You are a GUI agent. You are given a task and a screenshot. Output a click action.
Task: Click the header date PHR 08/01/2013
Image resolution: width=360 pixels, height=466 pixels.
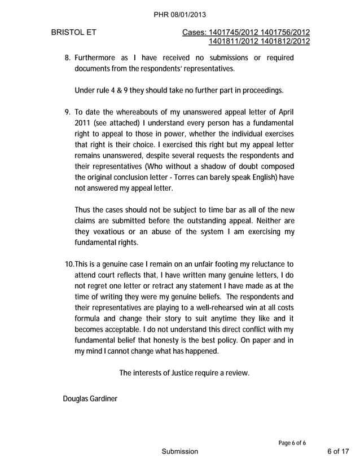click(180, 15)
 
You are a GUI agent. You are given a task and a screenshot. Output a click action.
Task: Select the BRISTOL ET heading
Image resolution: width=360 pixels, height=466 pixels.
click(73, 33)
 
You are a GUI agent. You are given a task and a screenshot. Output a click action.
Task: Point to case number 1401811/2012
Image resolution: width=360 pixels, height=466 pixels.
click(234, 42)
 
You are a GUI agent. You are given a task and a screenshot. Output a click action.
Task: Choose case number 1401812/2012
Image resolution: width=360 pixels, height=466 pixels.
click(285, 42)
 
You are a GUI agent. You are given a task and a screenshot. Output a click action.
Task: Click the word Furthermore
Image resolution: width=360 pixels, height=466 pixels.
click(99, 58)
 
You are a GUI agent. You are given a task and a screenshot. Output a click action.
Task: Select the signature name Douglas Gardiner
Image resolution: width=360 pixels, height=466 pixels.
click(90, 399)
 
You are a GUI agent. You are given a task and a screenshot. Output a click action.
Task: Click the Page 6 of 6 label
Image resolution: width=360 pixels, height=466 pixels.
click(292, 442)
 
